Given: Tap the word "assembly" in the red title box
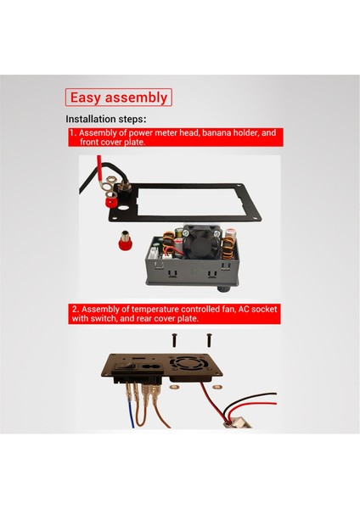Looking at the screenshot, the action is click(136, 98).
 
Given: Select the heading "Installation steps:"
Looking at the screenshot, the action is click(106, 119).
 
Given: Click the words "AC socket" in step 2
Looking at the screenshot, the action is click(257, 309).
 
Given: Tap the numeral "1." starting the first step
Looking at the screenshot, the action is click(72, 133).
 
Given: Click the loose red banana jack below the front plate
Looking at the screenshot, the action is click(124, 240).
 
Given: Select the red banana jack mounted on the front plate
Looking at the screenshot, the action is click(110, 201).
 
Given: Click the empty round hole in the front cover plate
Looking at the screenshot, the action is click(124, 207).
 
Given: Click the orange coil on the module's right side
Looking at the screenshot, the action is click(228, 247).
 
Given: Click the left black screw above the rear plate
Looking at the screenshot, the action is click(175, 340).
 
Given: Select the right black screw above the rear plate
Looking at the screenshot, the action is click(209, 340).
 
